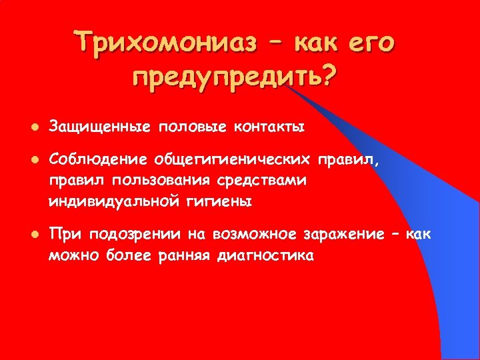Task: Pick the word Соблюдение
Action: coord(98,161)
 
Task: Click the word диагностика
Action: coord(265,255)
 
